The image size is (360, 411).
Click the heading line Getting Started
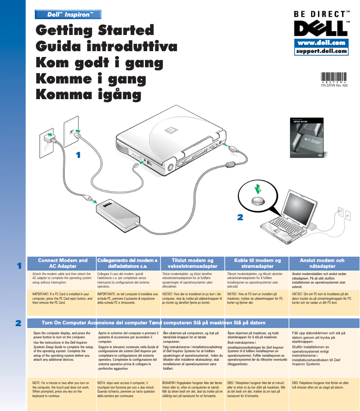[95, 31]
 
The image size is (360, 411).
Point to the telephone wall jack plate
[71, 131]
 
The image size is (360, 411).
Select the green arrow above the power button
[257, 186]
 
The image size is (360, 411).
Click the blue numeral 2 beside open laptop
[240, 217]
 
